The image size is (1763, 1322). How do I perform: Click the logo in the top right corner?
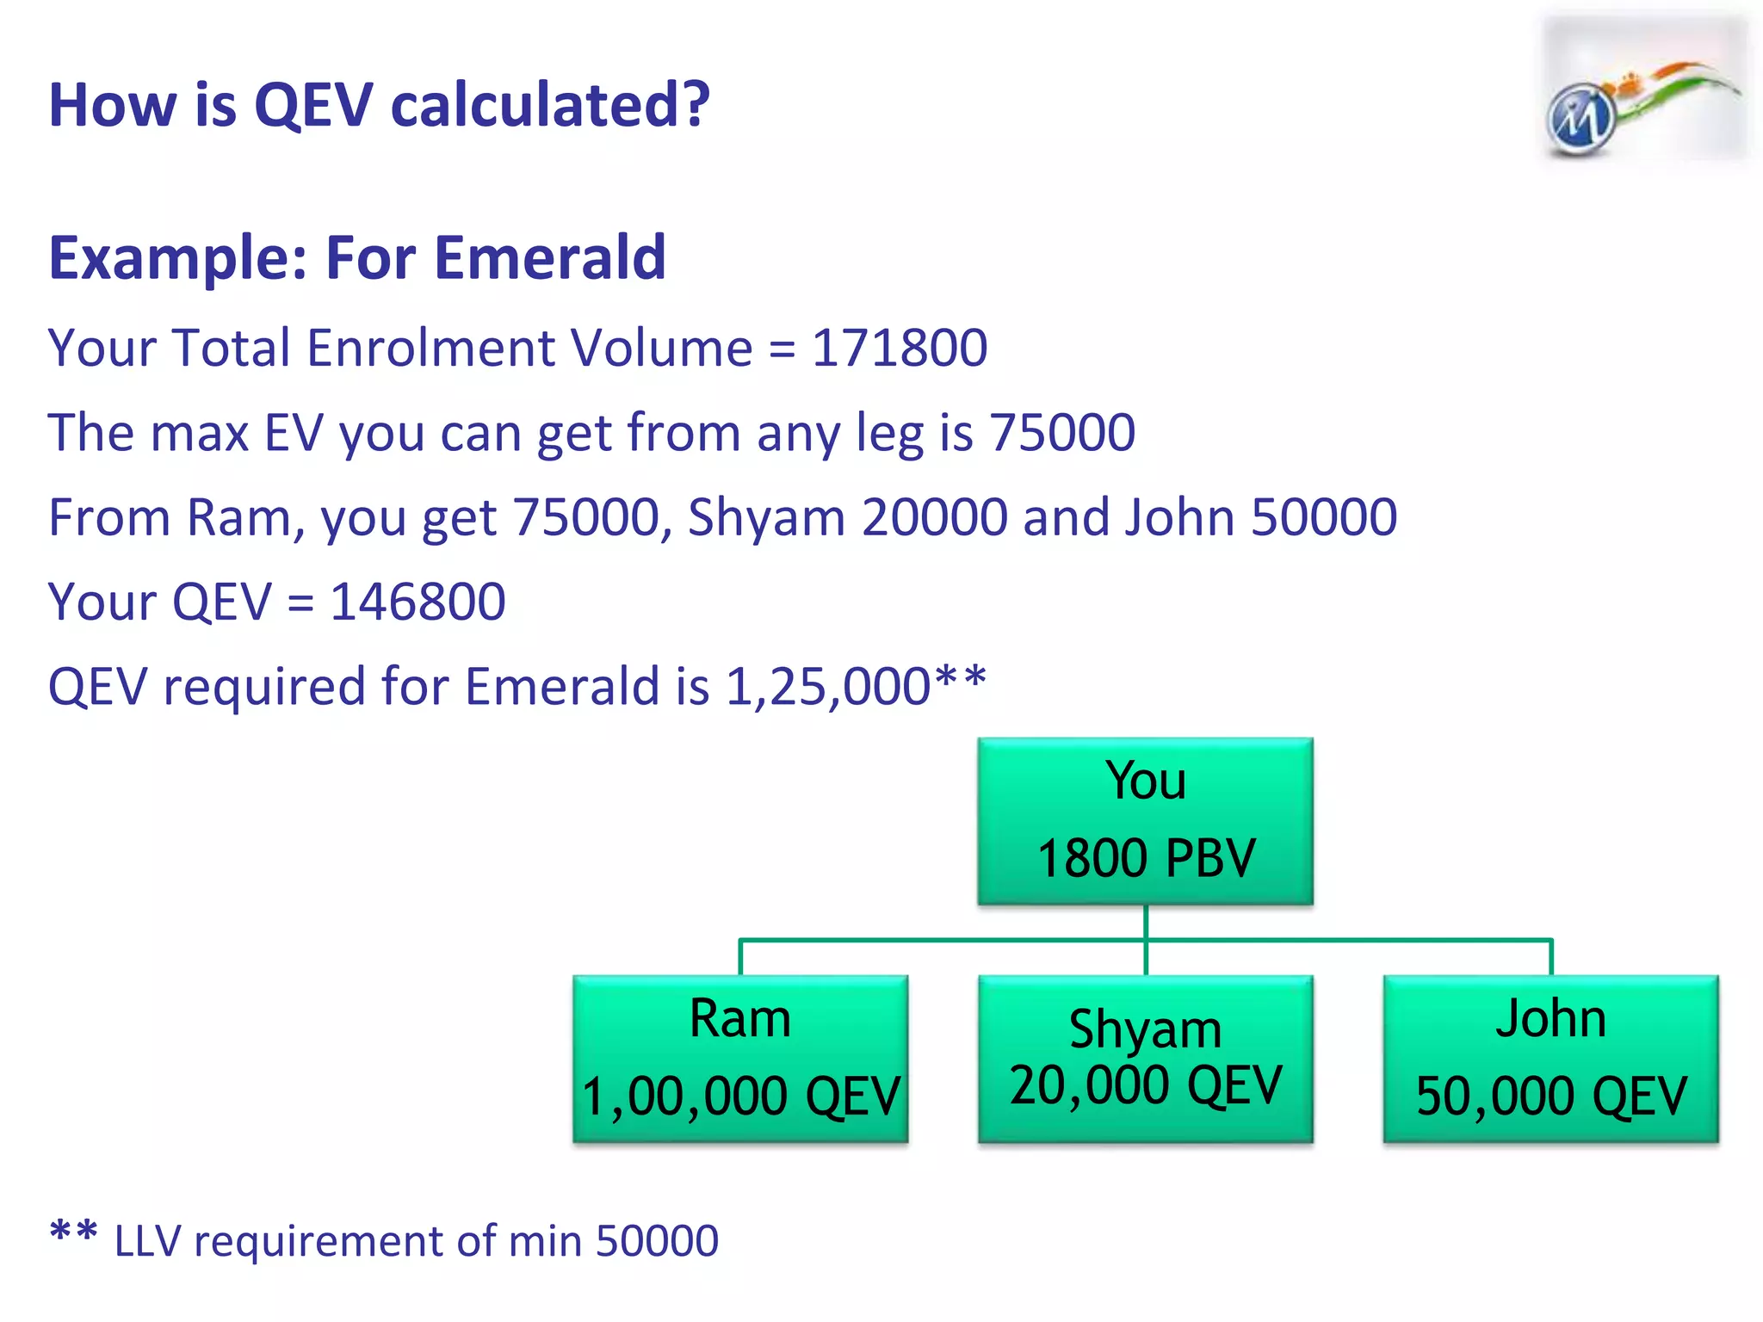(1642, 91)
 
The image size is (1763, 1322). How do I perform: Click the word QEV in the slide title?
(314, 105)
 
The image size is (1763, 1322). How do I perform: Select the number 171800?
(900, 348)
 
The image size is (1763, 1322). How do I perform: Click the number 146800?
(418, 602)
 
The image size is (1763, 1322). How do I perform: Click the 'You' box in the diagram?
(1145, 820)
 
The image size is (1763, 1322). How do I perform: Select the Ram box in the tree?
(740, 1059)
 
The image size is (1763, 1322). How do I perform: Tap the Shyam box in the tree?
(1145, 1059)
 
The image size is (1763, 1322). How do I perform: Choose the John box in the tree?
(1550, 1059)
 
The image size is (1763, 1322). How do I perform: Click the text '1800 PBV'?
(1146, 859)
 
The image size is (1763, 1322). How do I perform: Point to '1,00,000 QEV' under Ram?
(740, 1097)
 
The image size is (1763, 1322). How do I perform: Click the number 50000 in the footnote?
(657, 1241)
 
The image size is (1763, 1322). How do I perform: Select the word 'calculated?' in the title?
(551, 105)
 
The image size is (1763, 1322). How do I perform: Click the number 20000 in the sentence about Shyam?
(934, 517)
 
